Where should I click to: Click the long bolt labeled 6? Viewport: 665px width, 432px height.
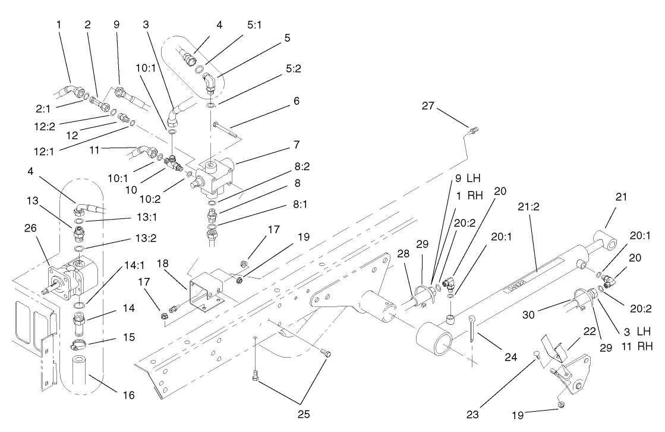click(225, 132)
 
